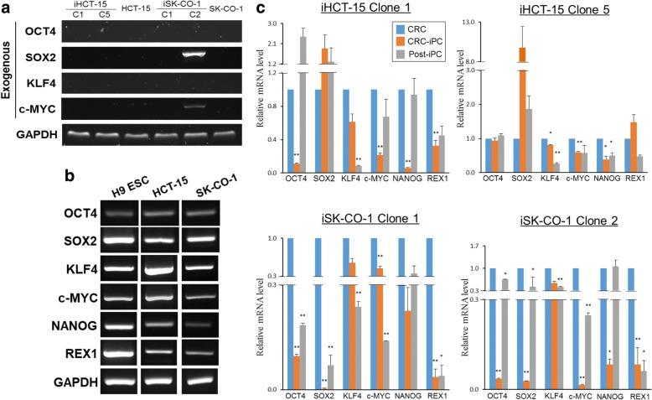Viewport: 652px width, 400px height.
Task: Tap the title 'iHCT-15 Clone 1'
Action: tap(348, 10)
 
